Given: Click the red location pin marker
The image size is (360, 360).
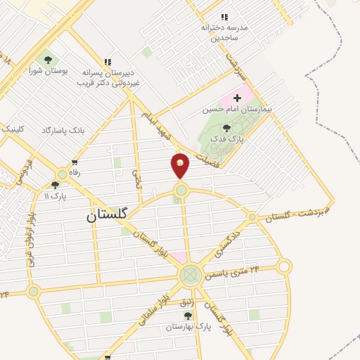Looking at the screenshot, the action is tap(181, 165).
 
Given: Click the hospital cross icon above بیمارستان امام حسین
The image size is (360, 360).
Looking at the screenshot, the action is tap(237, 98).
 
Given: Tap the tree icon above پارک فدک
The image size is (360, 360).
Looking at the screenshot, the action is tap(226, 128).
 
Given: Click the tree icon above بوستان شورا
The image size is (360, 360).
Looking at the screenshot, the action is tap(48, 60).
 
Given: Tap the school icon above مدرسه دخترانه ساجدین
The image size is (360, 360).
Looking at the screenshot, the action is tap(224, 17).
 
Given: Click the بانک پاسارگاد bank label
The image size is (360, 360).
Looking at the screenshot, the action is tap(64, 131).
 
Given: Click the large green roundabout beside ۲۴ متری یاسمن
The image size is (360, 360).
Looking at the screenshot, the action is tap(190, 275).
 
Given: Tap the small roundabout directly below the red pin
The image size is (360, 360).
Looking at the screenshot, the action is tap(181, 190).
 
